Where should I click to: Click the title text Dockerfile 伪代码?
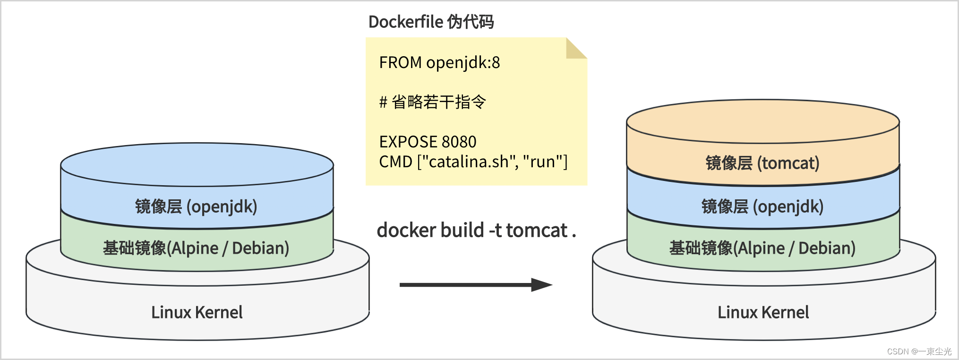431,22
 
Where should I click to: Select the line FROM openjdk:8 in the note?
439,62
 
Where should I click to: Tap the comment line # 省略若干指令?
432,102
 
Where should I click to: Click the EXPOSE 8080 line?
428,142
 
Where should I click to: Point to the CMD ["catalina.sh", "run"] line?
473,162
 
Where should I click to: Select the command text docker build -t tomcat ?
476,231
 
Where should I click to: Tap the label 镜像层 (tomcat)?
762,163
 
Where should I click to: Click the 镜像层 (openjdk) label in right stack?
762,206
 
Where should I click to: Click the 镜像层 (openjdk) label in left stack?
196,206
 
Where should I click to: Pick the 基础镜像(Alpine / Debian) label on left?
196,248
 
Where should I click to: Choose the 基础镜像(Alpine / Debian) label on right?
762,248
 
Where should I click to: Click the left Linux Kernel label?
197,312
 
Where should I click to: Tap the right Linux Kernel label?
763,312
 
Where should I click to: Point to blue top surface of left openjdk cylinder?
197,164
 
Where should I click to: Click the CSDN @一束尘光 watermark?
919,351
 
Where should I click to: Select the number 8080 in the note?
459,142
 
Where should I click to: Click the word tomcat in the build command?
536,231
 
